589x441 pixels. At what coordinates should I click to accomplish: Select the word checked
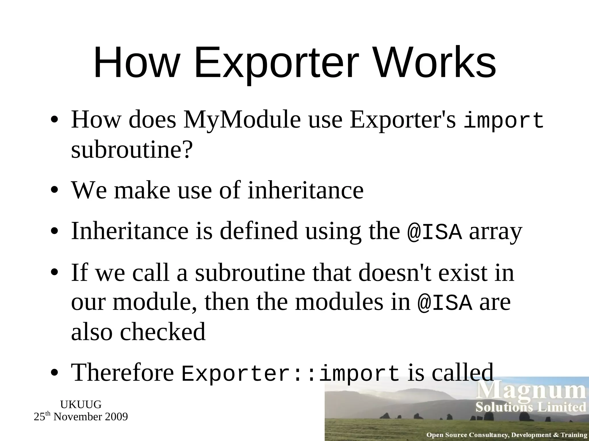click(x=162, y=331)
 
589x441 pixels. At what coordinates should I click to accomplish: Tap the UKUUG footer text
click(x=81, y=405)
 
